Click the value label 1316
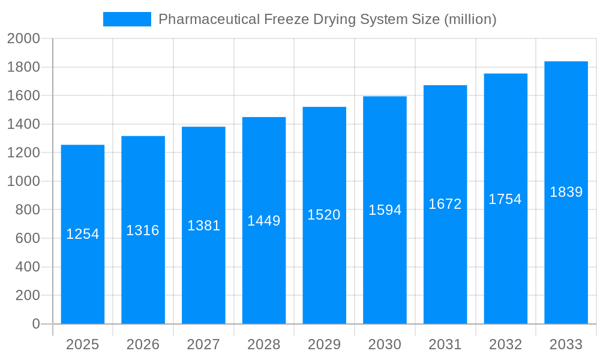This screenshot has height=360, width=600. tap(143, 230)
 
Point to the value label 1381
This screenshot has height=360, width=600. tap(203, 226)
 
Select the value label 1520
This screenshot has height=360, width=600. tap(324, 215)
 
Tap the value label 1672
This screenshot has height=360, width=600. tap(445, 204)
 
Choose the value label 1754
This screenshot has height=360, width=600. tap(505, 199)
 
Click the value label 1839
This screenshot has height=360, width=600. tap(566, 192)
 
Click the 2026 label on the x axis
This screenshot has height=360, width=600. tap(143, 344)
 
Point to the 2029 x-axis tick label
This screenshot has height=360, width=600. tap(324, 344)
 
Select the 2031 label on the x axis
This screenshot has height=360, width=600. tap(445, 344)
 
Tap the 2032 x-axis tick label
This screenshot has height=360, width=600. tap(505, 344)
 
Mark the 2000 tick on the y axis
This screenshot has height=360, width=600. tap(23, 39)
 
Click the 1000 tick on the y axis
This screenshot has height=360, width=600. tap(23, 181)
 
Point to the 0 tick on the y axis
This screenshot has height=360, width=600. tap(35, 324)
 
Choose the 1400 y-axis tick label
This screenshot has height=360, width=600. tap(23, 124)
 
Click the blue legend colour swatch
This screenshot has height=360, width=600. tap(127, 19)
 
